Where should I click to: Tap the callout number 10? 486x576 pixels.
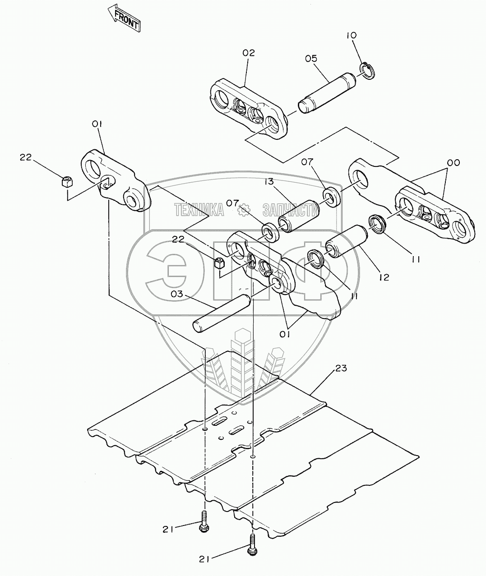352,35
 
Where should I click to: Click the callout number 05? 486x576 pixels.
310,58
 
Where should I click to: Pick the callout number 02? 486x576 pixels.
248,53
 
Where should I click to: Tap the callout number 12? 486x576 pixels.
384,277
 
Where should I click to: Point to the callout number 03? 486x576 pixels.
177,294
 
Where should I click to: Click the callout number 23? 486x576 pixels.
341,369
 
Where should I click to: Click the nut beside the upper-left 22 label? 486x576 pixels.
67,182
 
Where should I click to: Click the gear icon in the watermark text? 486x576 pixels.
244,209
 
